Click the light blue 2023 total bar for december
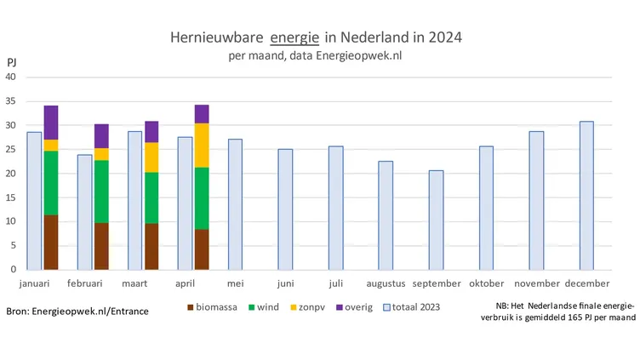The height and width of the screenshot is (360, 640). tap(586, 196)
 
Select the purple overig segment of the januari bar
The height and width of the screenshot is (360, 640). tap(51, 123)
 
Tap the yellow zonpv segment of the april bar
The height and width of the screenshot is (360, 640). tap(202, 146)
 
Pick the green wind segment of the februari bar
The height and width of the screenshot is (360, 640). tap(101, 191)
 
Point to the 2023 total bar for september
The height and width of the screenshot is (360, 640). tap(436, 220)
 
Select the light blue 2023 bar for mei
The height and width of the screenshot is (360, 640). tap(235, 204)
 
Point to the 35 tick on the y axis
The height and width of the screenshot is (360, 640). tap(12, 101)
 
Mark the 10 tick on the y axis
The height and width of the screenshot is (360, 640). tap(12, 222)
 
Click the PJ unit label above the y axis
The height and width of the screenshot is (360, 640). tap(12, 63)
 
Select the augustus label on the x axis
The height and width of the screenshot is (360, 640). tap(386, 283)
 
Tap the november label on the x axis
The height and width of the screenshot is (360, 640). tap(537, 283)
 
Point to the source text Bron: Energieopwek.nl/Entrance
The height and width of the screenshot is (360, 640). tap(77, 311)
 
